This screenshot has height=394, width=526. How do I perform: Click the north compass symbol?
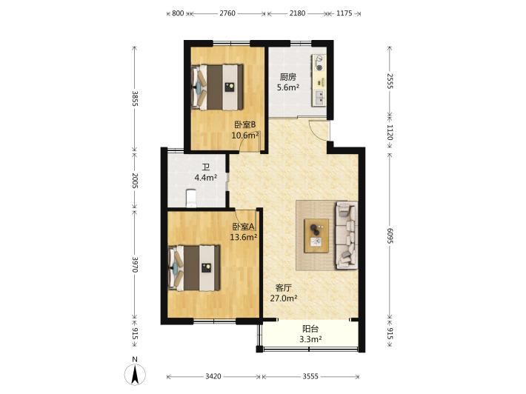[135, 374]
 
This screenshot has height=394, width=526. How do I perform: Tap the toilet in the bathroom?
[191, 198]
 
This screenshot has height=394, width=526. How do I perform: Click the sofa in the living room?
[346, 235]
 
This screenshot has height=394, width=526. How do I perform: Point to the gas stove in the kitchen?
[319, 64]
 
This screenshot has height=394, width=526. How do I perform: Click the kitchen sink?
[319, 98]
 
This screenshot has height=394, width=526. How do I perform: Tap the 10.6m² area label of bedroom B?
[245, 136]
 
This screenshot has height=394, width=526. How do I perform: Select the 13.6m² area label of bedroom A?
[244, 238]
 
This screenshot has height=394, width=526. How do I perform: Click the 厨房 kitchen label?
[288, 77]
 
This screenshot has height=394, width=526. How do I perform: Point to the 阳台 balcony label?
[310, 329]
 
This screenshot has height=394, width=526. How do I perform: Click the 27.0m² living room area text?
[284, 298]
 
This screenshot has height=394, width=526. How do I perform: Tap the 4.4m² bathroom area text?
[206, 178]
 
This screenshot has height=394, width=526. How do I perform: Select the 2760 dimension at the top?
[227, 13]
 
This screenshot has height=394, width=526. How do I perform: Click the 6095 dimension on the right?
[390, 236]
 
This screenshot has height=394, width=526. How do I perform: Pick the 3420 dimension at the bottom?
[213, 376]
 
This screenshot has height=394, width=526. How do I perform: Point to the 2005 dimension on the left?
[135, 181]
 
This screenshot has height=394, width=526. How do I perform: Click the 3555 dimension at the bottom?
[310, 376]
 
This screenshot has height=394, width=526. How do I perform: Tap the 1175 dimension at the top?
[344, 13]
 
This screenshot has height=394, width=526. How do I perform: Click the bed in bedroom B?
[217, 87]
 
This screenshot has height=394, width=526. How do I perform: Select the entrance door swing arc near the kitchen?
[316, 130]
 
